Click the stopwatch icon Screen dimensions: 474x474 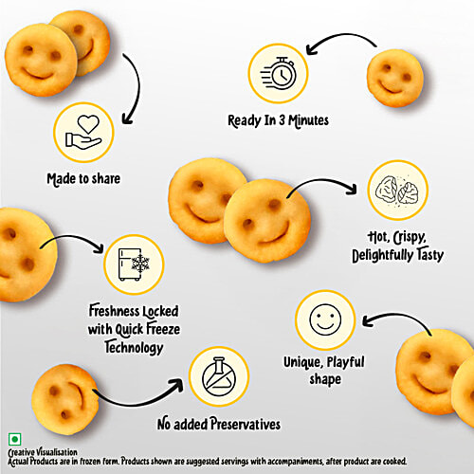point(279,73)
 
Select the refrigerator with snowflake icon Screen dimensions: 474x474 point(134,264)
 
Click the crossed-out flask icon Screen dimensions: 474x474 point(219,376)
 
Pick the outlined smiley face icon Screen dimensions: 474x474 point(325,319)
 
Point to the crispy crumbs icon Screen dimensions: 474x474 point(397,190)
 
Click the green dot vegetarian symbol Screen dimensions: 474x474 point(14,439)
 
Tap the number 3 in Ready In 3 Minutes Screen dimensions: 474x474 point(282,120)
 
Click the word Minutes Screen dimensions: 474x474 point(308,120)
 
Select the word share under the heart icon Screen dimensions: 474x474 point(105,178)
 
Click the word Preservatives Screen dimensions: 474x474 point(246,424)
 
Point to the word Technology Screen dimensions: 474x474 point(134,348)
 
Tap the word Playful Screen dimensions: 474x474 point(346,363)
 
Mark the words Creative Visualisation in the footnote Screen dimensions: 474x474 point(43,452)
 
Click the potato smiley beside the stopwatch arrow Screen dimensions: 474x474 point(395,78)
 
